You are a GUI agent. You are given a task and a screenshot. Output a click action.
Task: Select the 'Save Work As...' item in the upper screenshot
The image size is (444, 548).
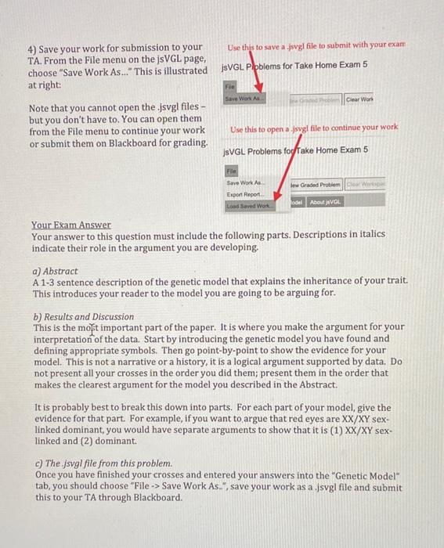(x=244, y=99)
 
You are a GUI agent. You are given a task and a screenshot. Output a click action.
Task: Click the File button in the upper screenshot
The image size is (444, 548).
(x=231, y=88)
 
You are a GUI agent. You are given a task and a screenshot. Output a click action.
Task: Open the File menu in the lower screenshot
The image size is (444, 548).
(x=231, y=169)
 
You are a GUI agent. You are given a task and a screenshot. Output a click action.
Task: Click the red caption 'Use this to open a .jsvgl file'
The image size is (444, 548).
(x=313, y=127)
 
